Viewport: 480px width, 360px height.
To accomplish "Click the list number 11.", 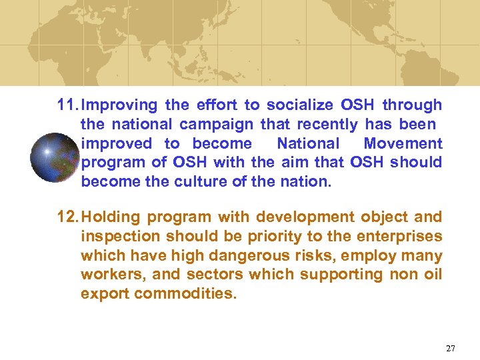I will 67,105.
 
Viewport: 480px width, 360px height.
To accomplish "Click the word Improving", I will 119,105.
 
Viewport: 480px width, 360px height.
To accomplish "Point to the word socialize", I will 298,105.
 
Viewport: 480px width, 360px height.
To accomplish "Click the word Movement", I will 403,143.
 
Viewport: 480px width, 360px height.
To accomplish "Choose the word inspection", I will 117,237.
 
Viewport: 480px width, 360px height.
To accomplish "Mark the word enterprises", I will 398,237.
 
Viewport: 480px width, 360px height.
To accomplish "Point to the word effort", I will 217,105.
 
